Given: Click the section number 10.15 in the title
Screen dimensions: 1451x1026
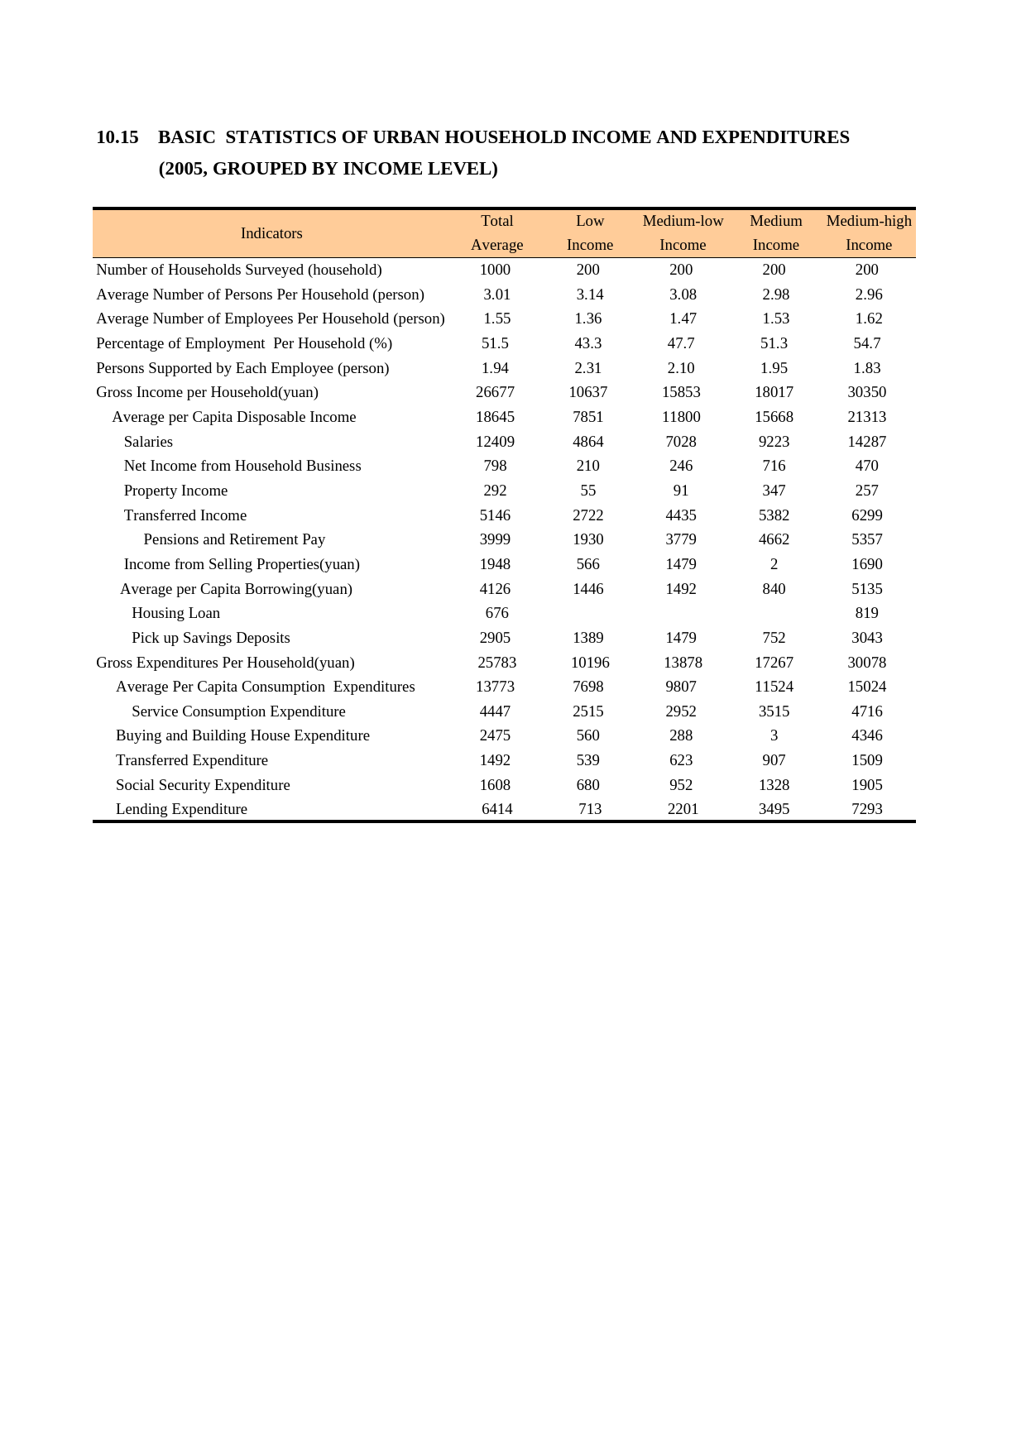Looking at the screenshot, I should pos(117,137).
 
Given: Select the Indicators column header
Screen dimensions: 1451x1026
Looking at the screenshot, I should pos(271,233).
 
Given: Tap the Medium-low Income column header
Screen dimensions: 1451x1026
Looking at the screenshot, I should pos(683,232).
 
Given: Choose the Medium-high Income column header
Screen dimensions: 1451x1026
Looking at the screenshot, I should pos(868,232).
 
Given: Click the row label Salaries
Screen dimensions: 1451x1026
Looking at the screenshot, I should pos(148,442).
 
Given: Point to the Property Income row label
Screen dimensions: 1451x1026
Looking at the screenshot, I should pos(175,491).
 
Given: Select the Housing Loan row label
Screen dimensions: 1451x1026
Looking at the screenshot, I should pos(175,613).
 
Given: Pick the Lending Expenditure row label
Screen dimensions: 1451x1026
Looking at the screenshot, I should pos(181,809).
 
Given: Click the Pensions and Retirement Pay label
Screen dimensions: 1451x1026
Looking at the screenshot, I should pos(234,539).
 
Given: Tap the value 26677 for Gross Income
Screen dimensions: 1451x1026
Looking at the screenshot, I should pos(495,392).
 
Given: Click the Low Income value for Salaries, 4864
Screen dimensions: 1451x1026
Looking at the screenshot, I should pos(587,442).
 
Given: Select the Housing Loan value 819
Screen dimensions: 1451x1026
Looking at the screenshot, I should pos(866,613).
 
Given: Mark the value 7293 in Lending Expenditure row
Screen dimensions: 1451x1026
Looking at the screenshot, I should pos(866,809).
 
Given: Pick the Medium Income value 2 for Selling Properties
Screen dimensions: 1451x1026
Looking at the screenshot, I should pos(774,564).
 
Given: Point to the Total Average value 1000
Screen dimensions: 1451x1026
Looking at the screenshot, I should pos(495,270).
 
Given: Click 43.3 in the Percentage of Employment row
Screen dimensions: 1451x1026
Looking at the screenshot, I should pos(587,343).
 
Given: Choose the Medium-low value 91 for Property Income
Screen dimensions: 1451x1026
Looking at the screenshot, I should pos(681,491).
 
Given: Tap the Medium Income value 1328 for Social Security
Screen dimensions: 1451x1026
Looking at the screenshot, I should pos(774,785).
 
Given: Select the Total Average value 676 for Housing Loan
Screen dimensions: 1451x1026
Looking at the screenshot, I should pos(496,613).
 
